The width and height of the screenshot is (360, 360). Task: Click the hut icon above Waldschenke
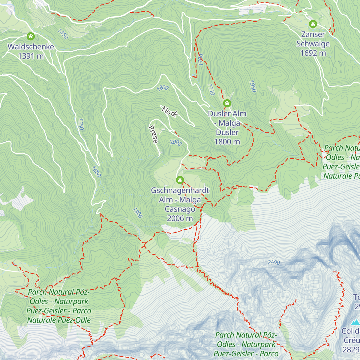click(31, 37)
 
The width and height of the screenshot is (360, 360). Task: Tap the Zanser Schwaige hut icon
click(313, 24)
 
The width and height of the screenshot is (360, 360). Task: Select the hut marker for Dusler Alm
click(227, 103)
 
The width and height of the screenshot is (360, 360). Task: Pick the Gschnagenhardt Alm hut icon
click(180, 180)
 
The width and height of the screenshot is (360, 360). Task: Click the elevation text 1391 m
click(31, 56)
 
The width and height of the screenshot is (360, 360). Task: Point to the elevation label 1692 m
click(313, 53)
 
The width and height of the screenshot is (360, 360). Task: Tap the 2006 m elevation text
click(180, 218)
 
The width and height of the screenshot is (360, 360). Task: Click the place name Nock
click(170, 111)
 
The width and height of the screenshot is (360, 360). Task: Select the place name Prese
click(153, 134)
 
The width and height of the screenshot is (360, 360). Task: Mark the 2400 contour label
click(274, 262)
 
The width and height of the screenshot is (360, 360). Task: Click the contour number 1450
click(63, 34)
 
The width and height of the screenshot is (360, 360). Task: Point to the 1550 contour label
click(80, 124)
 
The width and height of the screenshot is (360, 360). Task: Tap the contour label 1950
click(252, 86)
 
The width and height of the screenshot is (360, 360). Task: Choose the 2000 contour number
click(176, 142)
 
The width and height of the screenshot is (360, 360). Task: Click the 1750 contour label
click(211, 89)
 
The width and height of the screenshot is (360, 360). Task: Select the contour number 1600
click(96, 172)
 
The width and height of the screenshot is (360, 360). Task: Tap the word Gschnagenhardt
click(180, 190)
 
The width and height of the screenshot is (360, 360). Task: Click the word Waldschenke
click(31, 47)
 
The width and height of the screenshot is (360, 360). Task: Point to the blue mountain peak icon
click(355, 322)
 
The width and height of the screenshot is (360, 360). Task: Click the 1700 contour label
click(201, 60)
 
